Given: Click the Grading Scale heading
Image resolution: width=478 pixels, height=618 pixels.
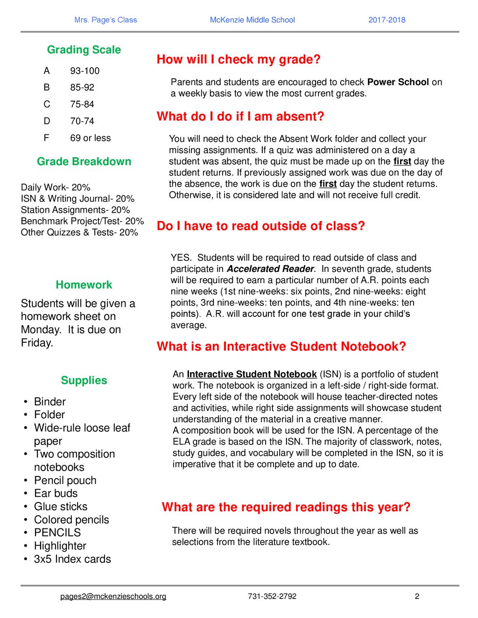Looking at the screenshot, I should (84, 50).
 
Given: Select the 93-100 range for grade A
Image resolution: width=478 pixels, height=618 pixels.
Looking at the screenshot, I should (85, 71).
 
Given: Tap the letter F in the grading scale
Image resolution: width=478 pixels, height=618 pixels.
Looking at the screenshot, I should (46, 138).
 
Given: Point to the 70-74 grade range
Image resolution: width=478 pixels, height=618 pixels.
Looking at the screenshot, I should (82, 121).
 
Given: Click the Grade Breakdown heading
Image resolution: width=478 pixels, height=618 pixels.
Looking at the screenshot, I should (84, 162).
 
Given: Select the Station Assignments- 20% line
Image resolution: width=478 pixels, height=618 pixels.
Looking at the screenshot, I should (76, 210).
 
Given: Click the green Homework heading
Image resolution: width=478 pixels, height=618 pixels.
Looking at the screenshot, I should (84, 285).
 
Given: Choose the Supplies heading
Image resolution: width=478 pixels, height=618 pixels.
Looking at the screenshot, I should (84, 381).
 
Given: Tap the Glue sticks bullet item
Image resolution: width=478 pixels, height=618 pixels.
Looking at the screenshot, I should (61, 507).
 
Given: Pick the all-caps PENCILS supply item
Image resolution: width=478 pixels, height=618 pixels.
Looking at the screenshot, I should (57, 533).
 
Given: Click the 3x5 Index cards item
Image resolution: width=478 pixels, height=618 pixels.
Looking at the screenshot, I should (72, 559).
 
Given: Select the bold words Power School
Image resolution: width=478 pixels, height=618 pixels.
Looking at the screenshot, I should (398, 82).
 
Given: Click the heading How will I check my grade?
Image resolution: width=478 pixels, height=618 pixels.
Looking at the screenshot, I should (239, 60).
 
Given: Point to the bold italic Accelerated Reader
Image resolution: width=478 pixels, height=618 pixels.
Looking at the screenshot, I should (270, 269).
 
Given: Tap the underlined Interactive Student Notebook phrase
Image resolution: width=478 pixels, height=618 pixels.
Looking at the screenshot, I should (252, 375).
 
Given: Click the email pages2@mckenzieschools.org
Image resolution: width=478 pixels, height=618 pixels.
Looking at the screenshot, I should (113, 597).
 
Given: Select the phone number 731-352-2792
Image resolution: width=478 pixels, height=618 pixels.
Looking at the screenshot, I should (272, 597).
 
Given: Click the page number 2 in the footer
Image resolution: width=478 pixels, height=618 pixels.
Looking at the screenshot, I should (417, 597).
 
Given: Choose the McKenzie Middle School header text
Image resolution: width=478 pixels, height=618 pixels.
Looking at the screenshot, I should (252, 20).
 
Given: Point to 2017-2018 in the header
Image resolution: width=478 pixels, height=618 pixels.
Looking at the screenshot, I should (387, 20).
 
